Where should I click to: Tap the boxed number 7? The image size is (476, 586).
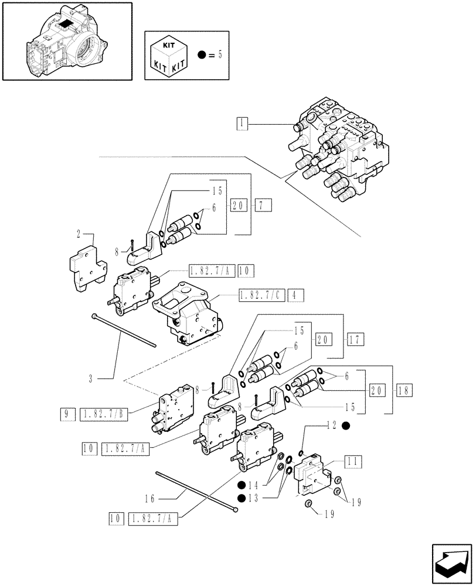pyautogui.click(x=262, y=205)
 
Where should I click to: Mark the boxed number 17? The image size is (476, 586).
pyautogui.click(x=355, y=339)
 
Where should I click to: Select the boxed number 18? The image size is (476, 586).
pyautogui.click(x=404, y=390)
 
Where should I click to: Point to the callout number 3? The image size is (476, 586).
pyautogui.click(x=91, y=379)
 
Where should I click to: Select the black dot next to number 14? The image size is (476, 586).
pyautogui.click(x=241, y=485)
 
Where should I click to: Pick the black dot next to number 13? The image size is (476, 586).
pyautogui.click(x=241, y=498)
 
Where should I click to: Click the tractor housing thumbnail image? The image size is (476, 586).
pyautogui.click(x=66, y=40)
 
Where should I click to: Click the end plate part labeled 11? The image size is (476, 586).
pyautogui.click(x=312, y=473)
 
